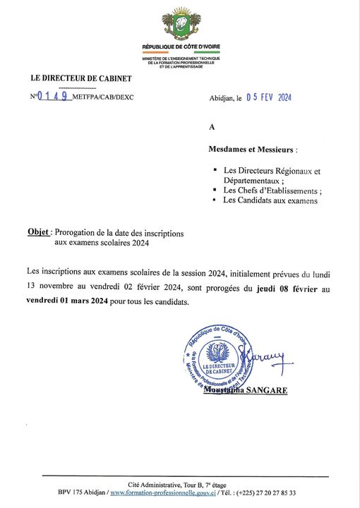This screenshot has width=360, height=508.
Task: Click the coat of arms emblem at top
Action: (x=181, y=25)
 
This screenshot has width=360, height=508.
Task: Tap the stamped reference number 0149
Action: (x=53, y=97)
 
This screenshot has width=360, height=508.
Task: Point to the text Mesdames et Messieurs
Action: (x=253, y=150)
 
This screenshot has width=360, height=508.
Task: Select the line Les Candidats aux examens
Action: (x=270, y=200)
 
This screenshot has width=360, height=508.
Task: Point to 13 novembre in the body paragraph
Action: (x=52, y=289)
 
